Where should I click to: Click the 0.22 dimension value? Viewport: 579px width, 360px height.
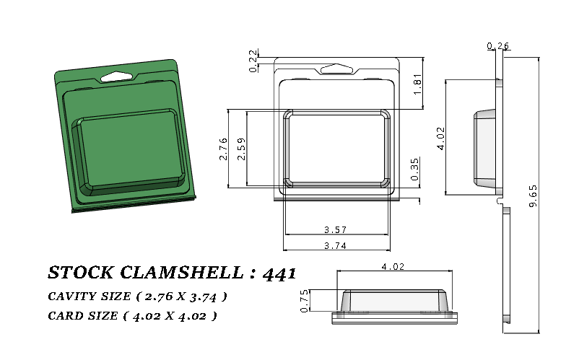coord(253,61)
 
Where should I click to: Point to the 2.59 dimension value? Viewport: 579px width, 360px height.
coord(240,149)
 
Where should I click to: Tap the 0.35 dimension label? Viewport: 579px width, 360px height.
coord(414,170)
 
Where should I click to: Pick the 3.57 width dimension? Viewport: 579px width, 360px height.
coord(336,230)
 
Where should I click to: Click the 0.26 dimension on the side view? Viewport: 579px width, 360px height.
coord(498,46)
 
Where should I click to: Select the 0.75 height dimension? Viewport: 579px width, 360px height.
coord(304,300)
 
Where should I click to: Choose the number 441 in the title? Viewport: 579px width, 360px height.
coord(278,273)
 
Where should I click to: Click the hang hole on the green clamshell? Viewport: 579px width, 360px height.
coord(116,74)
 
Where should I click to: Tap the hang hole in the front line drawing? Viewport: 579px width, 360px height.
coord(337,69)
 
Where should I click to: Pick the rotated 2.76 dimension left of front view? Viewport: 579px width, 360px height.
coord(223,149)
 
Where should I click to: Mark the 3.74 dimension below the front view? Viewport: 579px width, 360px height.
coord(336,245)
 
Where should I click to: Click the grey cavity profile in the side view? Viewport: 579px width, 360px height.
coord(485,146)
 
